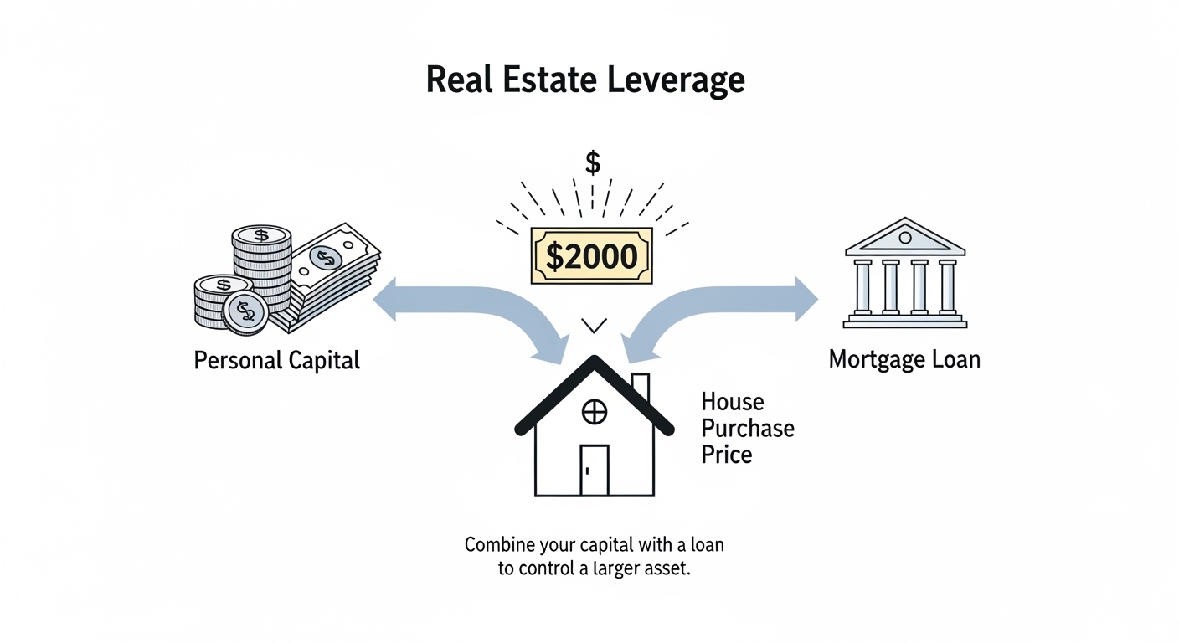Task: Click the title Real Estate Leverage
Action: click(x=585, y=80)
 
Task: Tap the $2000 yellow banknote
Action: click(x=591, y=255)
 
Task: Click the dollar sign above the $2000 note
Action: click(x=593, y=162)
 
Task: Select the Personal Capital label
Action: click(x=276, y=361)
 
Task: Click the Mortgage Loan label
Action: click(x=904, y=360)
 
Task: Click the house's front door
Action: click(x=594, y=469)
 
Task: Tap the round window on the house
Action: click(x=594, y=411)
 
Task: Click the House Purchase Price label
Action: click(x=747, y=429)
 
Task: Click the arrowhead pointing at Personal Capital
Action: click(x=385, y=301)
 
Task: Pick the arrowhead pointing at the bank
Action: click(x=806, y=299)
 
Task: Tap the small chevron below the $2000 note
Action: click(x=594, y=325)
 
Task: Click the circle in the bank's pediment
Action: click(x=904, y=238)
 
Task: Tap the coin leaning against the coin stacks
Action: click(x=245, y=313)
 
